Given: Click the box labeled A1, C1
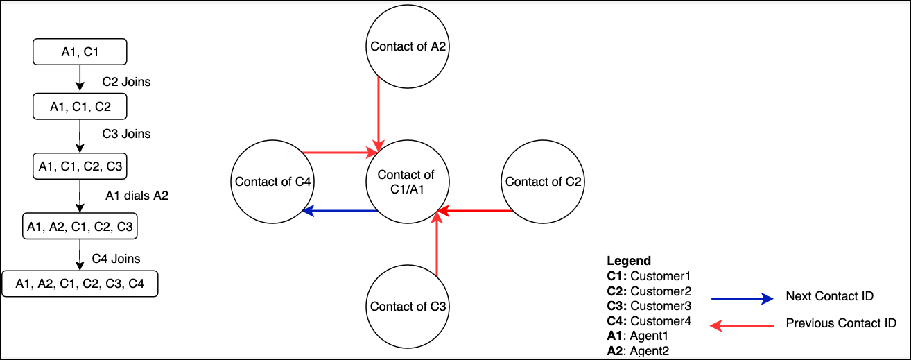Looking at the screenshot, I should tap(80, 51).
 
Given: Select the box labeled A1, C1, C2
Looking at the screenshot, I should tap(80, 107).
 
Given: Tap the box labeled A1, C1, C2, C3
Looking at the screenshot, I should tap(80, 166).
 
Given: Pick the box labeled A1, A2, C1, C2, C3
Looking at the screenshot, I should tap(80, 226).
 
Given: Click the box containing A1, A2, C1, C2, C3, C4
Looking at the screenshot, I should tap(80, 284).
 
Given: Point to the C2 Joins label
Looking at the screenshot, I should tap(126, 82).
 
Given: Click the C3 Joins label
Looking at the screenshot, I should tap(126, 133).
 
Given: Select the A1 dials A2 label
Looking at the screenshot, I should tap(137, 196).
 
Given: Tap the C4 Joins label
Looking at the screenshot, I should tap(116, 259).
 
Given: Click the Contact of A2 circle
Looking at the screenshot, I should tap(408, 47).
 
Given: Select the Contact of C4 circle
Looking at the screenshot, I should tap(272, 182).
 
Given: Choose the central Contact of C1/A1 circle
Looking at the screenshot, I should tap(406, 182).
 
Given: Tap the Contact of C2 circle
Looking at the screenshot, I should tap(543, 182).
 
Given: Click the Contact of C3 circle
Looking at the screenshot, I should tap(408, 307).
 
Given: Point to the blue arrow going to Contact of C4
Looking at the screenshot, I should tap(340, 211).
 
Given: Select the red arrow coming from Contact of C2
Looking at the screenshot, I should tap(478, 211).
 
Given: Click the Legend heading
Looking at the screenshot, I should tap(629, 261).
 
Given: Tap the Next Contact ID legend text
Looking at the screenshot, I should tap(829, 296).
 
